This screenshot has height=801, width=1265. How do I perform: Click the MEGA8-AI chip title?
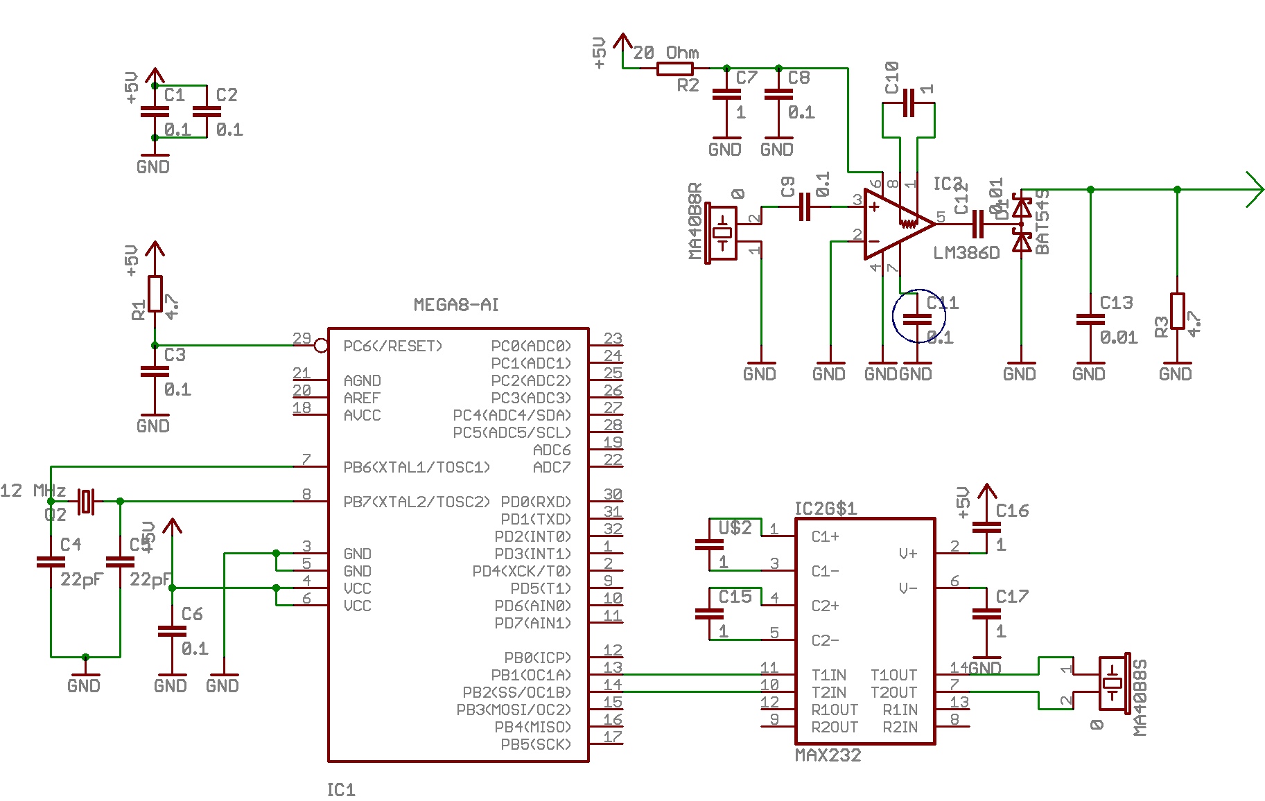click(456, 305)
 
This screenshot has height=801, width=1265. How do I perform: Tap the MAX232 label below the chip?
click(828, 755)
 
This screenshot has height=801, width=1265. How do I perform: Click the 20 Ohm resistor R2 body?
click(674, 69)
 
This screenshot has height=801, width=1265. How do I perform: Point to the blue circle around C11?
click(918, 317)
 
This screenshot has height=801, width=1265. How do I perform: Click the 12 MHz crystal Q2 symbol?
click(85, 501)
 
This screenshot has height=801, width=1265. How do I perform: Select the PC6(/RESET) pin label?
click(392, 346)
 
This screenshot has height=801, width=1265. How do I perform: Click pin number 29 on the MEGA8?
click(302, 338)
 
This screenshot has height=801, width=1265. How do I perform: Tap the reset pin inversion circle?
click(321, 345)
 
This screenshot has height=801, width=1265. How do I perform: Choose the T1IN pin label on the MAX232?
click(828, 675)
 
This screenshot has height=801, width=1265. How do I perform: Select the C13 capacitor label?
click(1116, 303)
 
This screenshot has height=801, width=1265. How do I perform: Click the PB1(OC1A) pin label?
click(530, 675)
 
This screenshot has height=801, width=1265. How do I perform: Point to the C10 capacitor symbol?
click(909, 103)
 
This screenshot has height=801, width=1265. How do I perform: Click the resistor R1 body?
click(155, 294)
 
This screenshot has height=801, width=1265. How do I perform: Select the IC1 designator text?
click(341, 790)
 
